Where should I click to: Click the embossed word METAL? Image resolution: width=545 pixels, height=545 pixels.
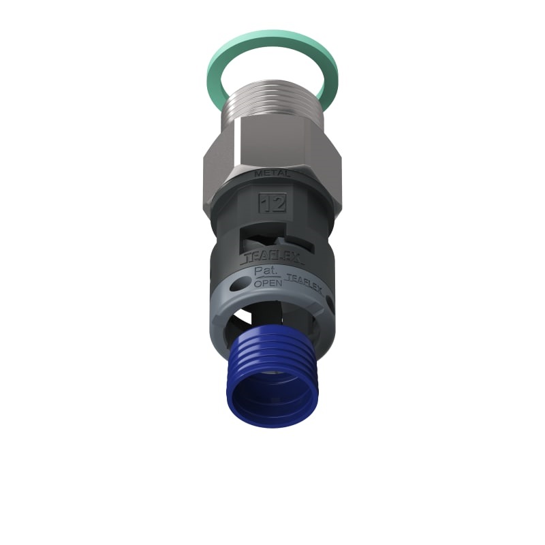click(x=272, y=174)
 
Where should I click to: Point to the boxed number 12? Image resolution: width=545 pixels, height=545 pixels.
click(x=272, y=202)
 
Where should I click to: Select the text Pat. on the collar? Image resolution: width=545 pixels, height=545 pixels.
click(x=264, y=271)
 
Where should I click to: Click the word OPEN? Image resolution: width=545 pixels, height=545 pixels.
click(x=267, y=284)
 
